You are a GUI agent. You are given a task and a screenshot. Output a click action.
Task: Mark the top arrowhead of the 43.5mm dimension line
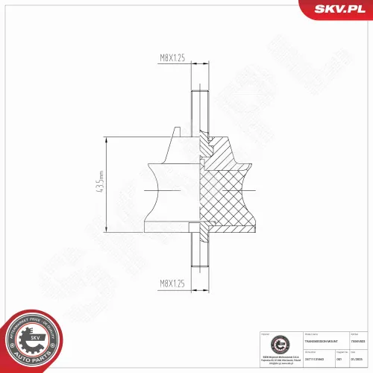point(108,140)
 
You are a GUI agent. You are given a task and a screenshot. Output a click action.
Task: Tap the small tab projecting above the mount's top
point(176,133)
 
